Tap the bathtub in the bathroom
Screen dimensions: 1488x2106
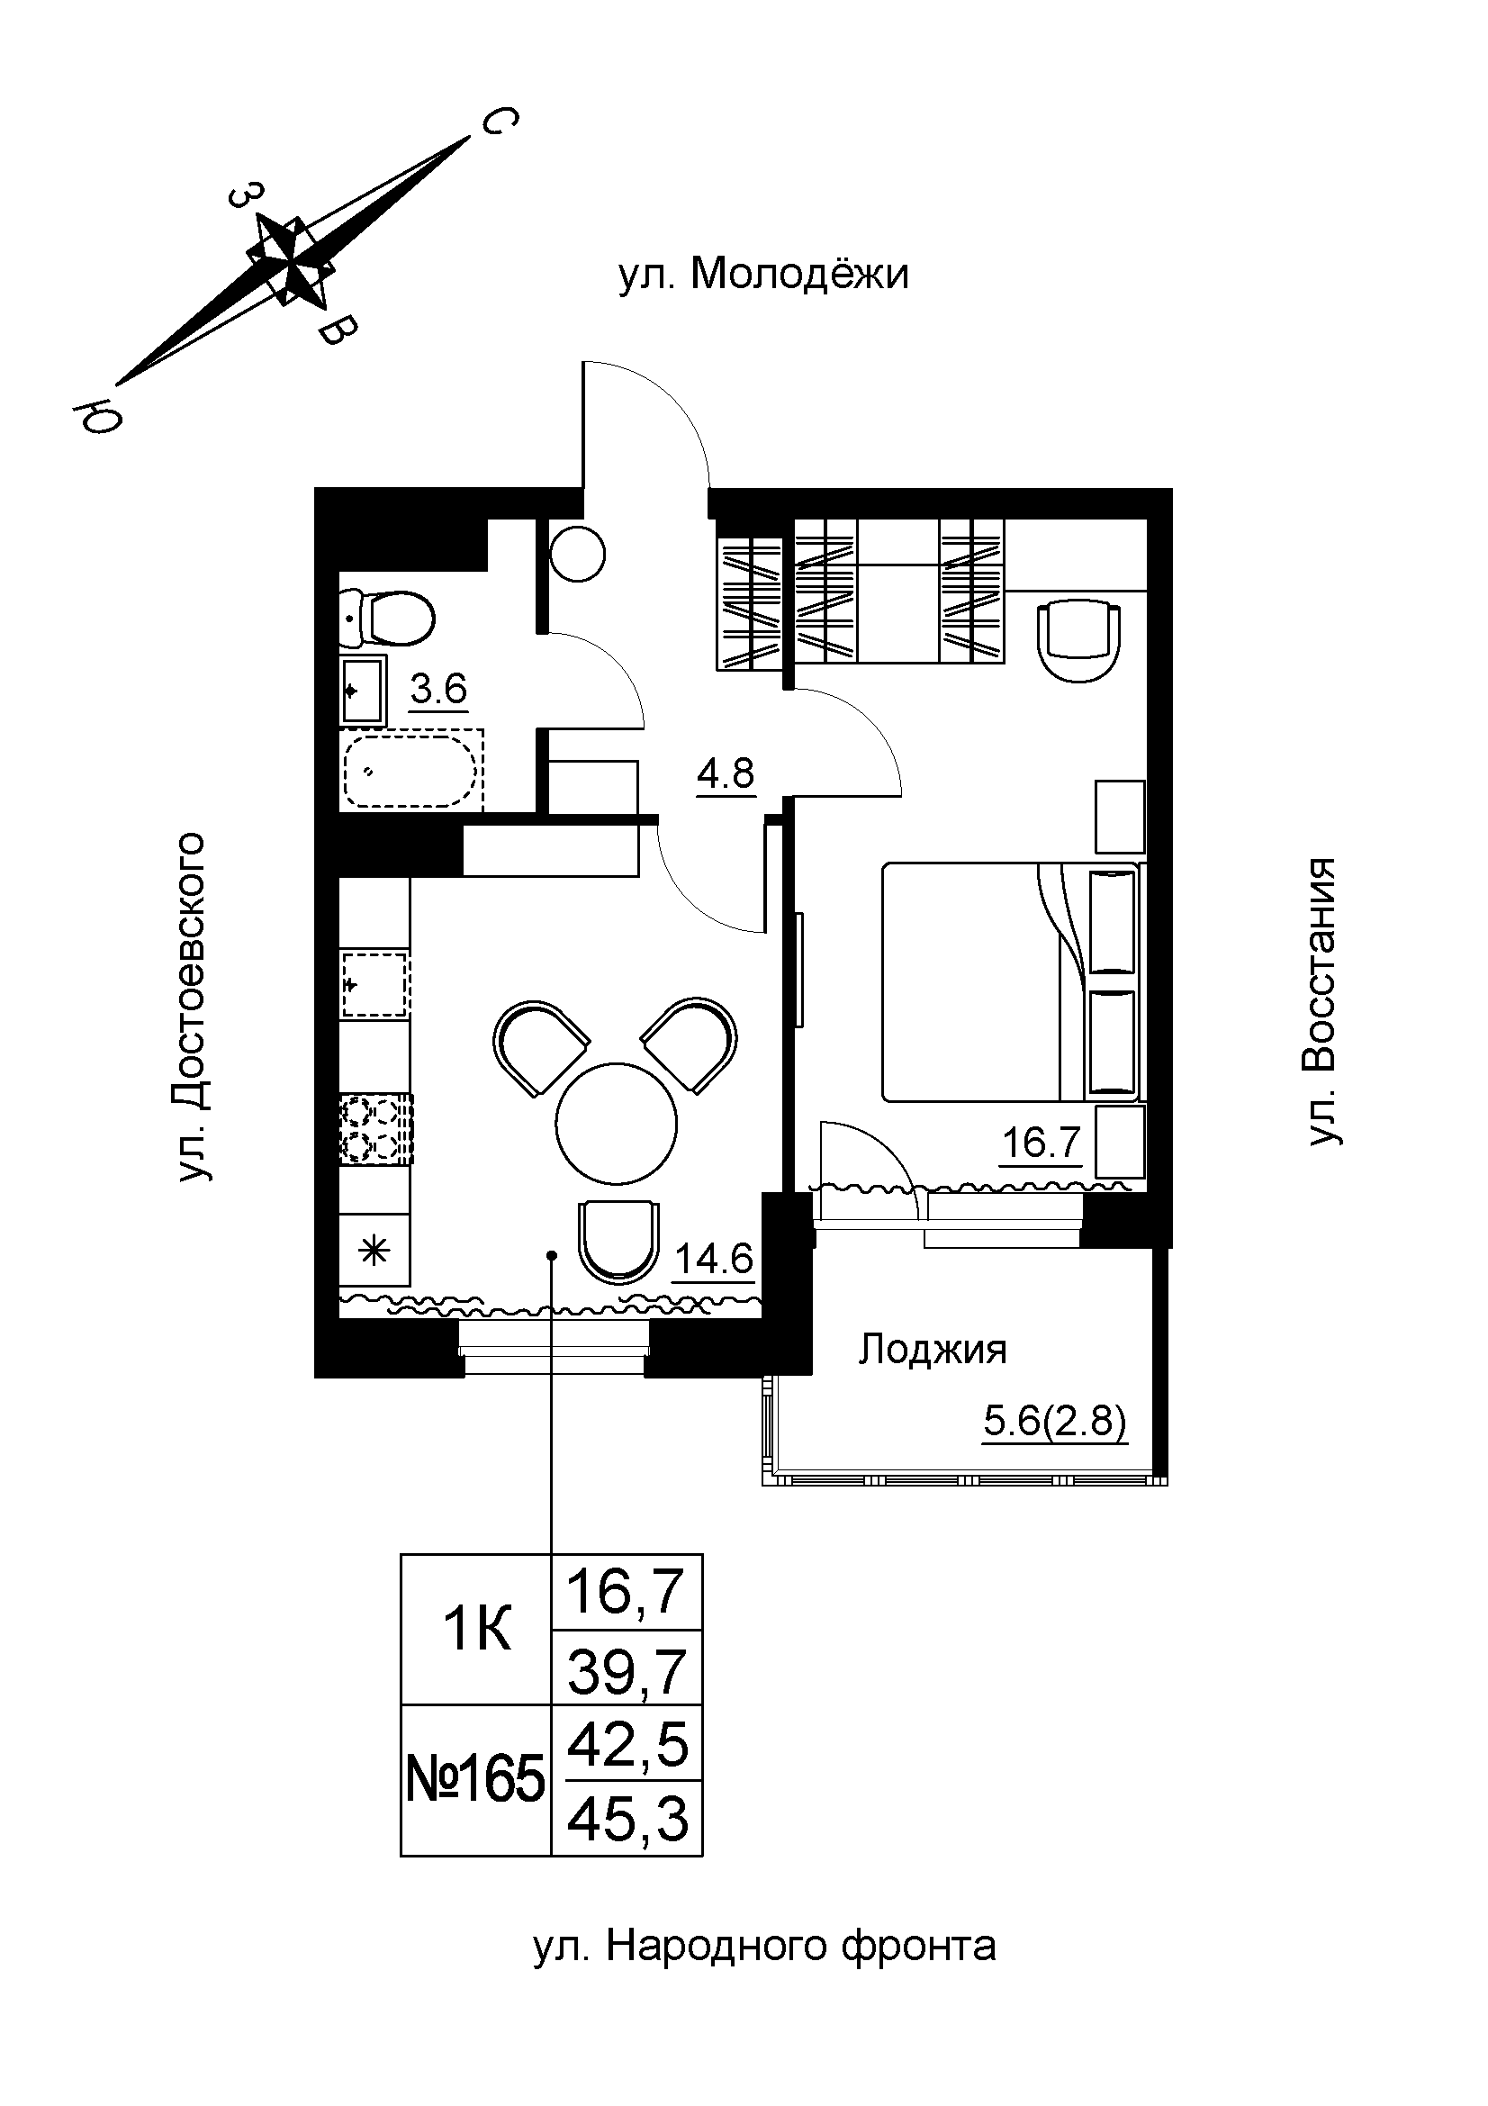(x=411, y=770)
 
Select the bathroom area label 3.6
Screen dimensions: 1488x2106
(x=438, y=688)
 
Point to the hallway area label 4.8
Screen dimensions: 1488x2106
(x=726, y=775)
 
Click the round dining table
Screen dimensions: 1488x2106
(x=616, y=1123)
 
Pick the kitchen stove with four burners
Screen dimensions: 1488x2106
(x=376, y=1130)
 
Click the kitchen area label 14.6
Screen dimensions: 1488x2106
(x=714, y=1259)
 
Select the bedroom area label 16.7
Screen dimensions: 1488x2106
(x=1042, y=1143)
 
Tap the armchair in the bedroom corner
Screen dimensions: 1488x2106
(x=1079, y=640)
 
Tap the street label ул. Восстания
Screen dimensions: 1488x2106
(x=1321, y=1001)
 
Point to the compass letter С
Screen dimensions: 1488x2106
(x=497, y=121)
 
